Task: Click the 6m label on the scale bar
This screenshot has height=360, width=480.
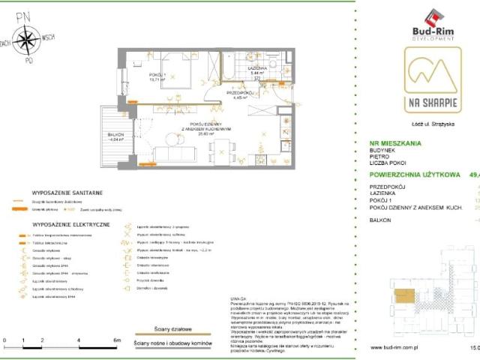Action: point(116,340)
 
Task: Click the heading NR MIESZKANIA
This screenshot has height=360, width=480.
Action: point(395,142)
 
